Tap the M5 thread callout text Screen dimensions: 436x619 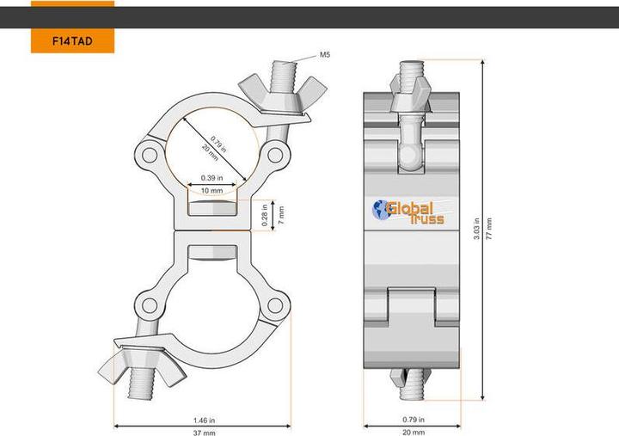click(325, 54)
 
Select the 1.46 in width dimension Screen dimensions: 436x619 click(203, 420)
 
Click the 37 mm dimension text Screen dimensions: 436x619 click(203, 433)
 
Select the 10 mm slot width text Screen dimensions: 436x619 click(211, 190)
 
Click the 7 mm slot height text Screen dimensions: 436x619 click(280, 215)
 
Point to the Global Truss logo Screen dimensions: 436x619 click(408, 211)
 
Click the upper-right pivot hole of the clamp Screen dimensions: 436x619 click(275, 156)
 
